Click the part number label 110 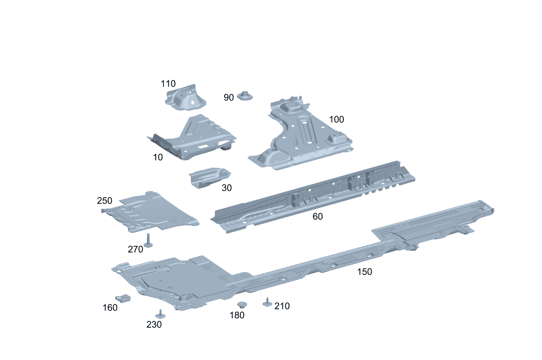click(168, 84)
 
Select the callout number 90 click(228, 97)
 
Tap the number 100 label click(336, 120)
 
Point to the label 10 click(158, 157)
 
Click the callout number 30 click(226, 188)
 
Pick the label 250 click(104, 201)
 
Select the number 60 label click(318, 217)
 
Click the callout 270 click(135, 249)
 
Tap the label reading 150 click(365, 271)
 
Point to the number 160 click(110, 308)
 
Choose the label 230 click(154, 325)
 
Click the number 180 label click(237, 315)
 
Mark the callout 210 click(282, 306)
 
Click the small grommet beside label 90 click(245, 96)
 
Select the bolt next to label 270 click(148, 241)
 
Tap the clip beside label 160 click(123, 299)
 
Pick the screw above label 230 click(160, 314)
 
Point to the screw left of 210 click(267, 303)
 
